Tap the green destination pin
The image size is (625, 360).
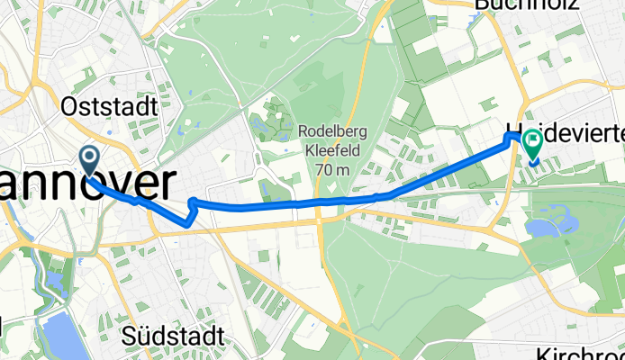pos(532,143)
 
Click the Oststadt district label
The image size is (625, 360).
pos(109,106)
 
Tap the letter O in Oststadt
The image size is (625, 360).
pos(68,106)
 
